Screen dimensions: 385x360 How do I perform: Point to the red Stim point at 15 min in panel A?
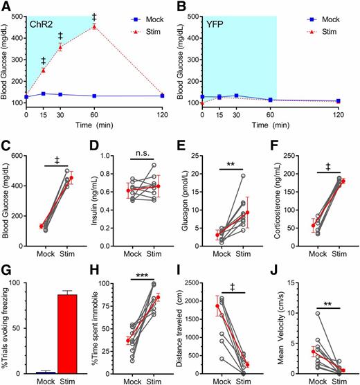coord(44,70)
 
